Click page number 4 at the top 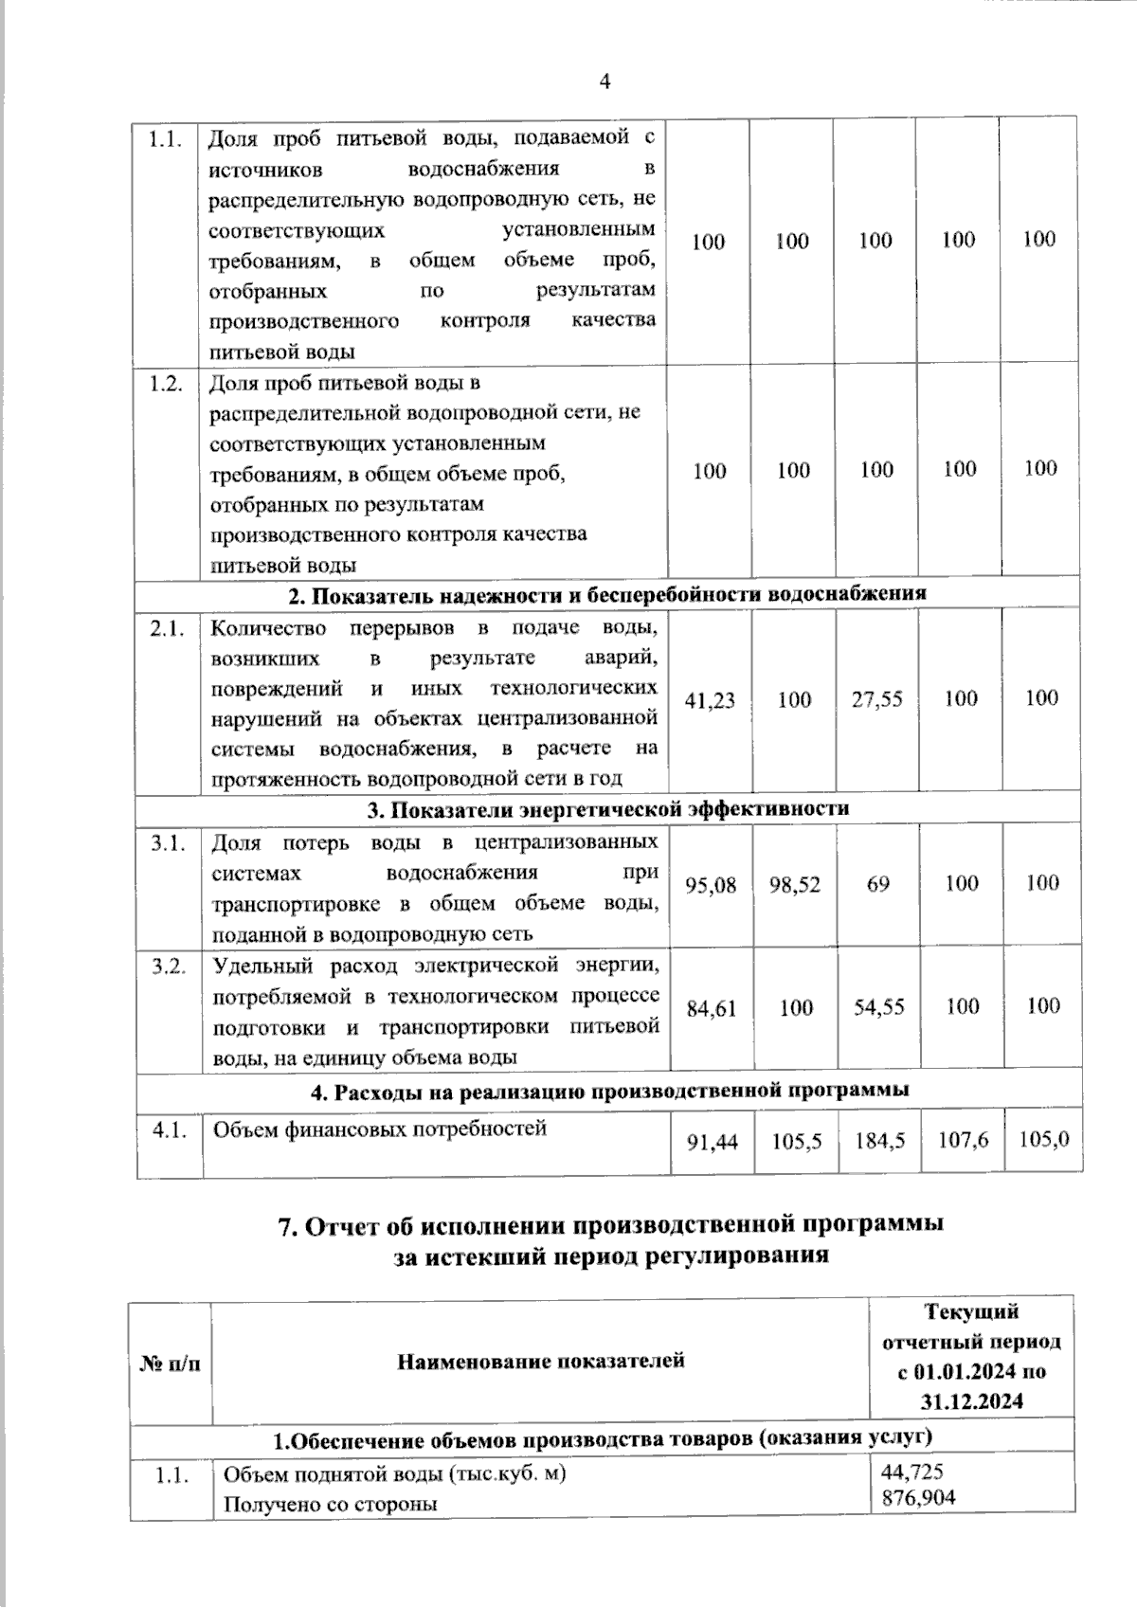(605, 81)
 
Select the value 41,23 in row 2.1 (710, 699)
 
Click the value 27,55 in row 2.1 (876, 699)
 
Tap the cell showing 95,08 (711, 884)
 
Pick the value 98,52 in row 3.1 (794, 884)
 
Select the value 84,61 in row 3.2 (711, 1007)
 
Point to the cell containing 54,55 (877, 1007)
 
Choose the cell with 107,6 (963, 1140)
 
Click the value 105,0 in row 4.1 (1044, 1139)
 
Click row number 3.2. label (169, 966)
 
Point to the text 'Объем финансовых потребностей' (379, 1129)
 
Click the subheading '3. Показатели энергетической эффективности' (607, 808)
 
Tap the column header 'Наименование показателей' (540, 1362)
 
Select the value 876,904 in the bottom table (917, 1497)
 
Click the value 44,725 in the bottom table (911, 1472)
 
